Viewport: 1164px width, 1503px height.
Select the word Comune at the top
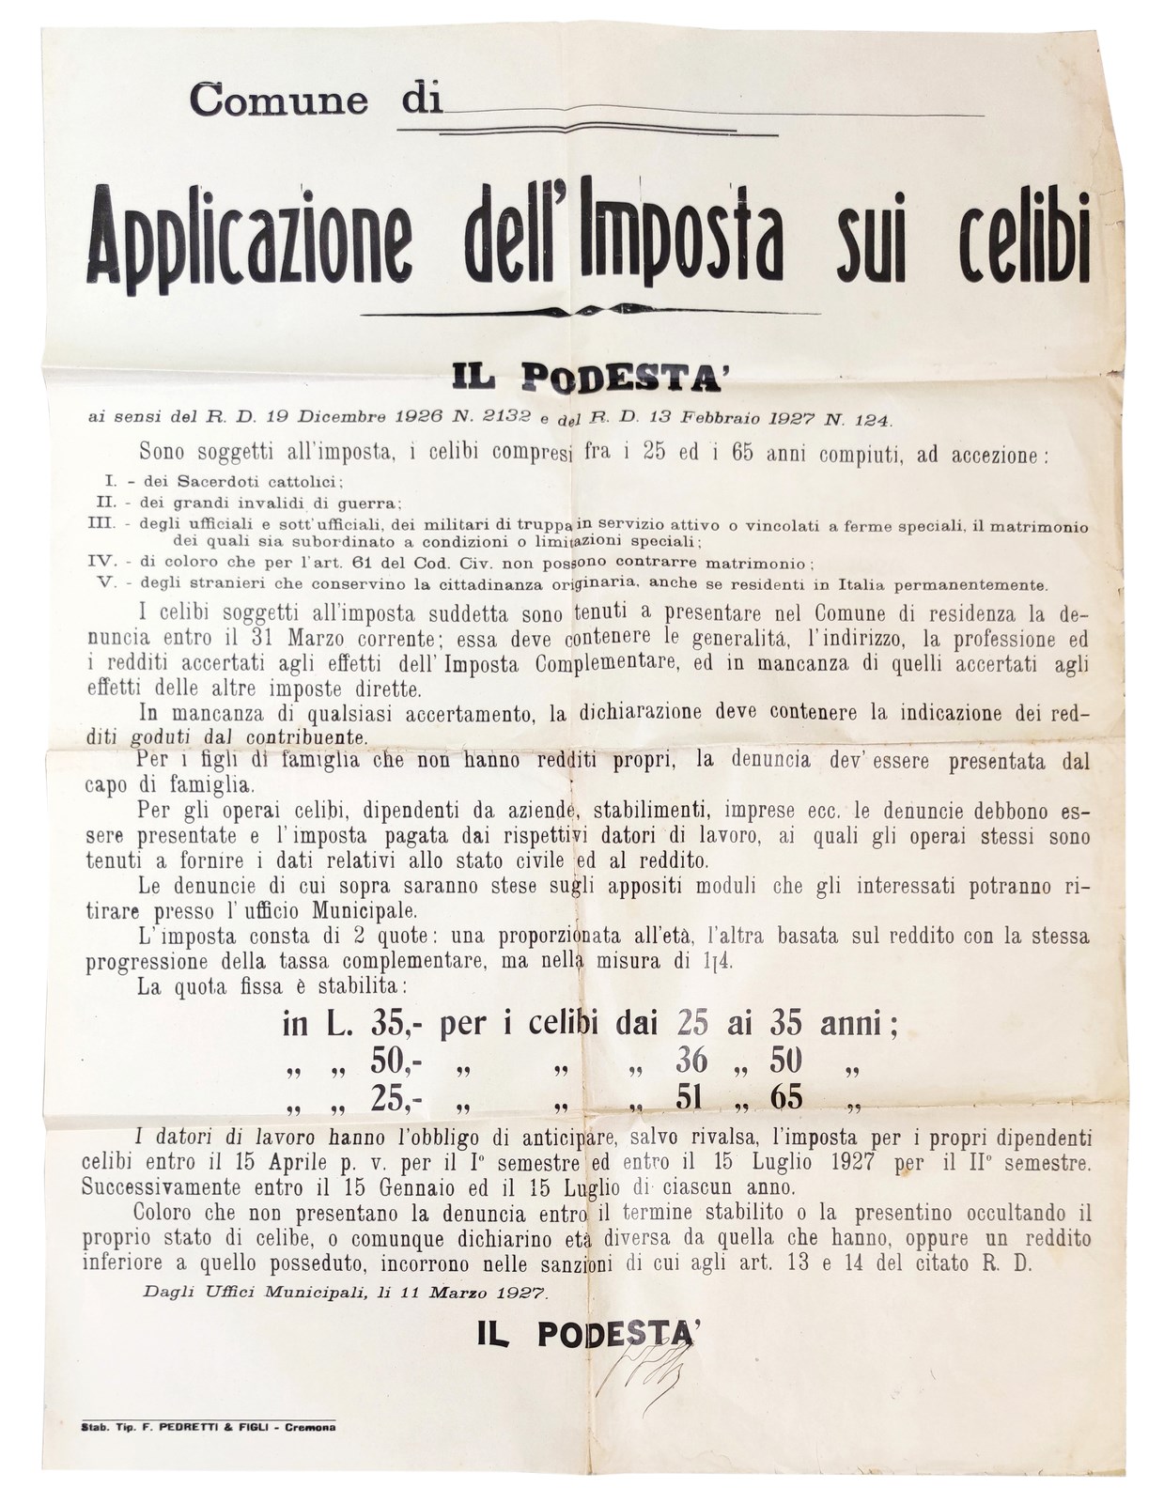pos(278,99)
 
